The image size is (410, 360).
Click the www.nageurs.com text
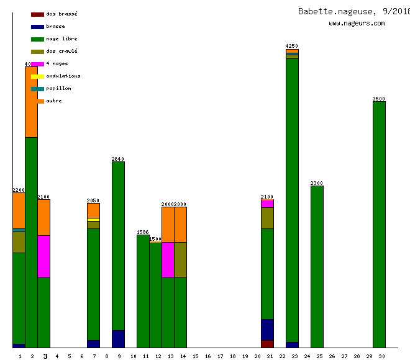(x=357, y=24)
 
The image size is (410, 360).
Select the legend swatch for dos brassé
(x=37, y=14)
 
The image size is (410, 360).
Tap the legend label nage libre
(x=61, y=38)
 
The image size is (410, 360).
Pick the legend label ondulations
(x=63, y=76)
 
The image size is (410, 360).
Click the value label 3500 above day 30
(x=379, y=99)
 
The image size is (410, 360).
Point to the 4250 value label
(x=292, y=46)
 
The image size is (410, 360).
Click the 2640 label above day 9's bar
(x=118, y=159)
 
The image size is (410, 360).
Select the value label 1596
(x=143, y=232)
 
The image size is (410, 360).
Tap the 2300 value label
(x=317, y=183)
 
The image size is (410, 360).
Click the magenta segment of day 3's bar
(x=43, y=256)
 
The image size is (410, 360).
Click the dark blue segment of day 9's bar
(x=118, y=339)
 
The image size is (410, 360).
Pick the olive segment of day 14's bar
(x=180, y=259)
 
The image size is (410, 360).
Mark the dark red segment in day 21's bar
(x=267, y=344)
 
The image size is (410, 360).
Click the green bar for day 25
(x=317, y=267)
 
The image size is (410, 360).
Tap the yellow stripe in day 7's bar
(x=93, y=219)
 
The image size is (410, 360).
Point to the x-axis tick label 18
(x=232, y=356)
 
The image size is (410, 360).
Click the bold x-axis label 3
(x=45, y=356)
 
